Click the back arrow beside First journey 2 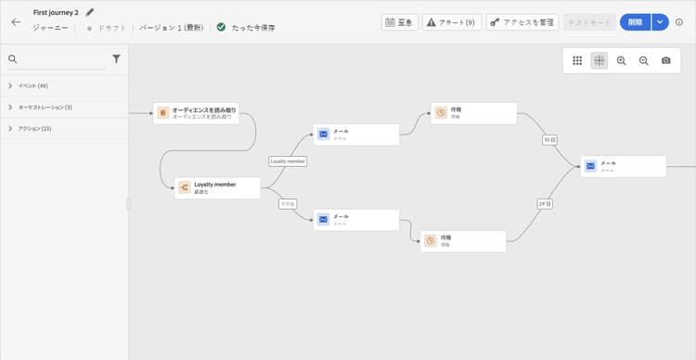point(16,21)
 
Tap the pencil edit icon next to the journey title point(90,13)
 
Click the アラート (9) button point(450,21)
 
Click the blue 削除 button point(635,21)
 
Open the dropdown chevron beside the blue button point(660,21)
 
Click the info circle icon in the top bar point(679,21)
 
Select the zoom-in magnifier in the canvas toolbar point(621,60)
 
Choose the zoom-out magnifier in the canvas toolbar point(643,60)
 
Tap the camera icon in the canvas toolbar point(665,60)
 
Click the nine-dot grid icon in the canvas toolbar point(577,60)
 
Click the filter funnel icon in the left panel point(116,58)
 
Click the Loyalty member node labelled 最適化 point(215,187)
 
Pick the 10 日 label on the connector point(549,140)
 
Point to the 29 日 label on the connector point(544,203)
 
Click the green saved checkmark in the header point(221,27)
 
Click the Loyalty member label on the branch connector point(288,161)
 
